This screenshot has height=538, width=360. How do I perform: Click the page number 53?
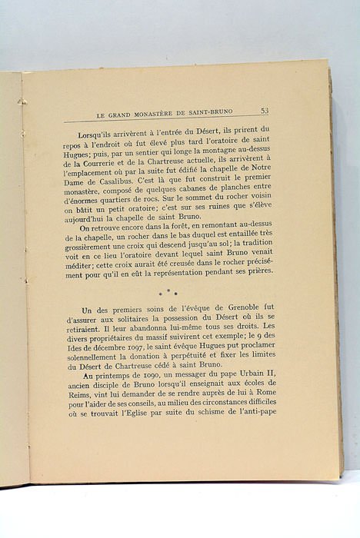[x=264, y=111]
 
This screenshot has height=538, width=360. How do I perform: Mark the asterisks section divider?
[x=168, y=293]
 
